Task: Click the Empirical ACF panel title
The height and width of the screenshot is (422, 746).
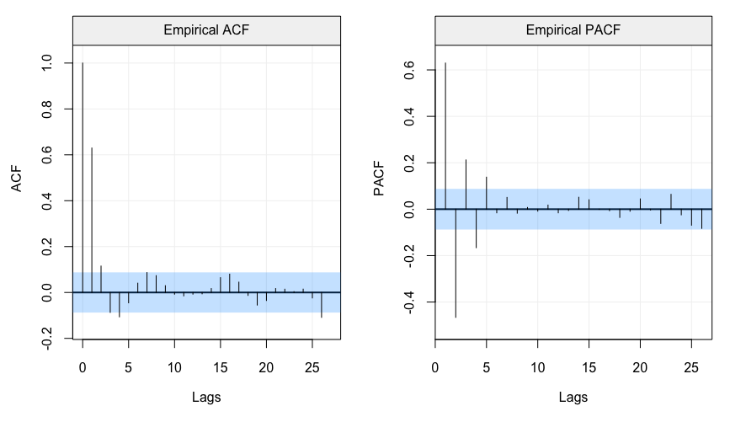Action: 206,31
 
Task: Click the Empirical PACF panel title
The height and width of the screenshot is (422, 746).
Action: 573,31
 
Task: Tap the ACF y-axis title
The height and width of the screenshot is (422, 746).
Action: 18,178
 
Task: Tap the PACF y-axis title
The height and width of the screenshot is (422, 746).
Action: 380,179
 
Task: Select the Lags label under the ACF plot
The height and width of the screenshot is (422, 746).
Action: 206,397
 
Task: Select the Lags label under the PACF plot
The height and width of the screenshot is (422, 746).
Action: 573,397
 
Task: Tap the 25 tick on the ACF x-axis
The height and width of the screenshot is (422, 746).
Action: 312,366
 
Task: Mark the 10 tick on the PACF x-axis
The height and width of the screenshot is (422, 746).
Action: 538,366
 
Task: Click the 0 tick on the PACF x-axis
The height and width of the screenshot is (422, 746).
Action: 435,366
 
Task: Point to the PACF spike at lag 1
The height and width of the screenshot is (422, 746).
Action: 445,135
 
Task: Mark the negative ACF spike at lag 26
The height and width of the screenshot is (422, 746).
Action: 322,305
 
